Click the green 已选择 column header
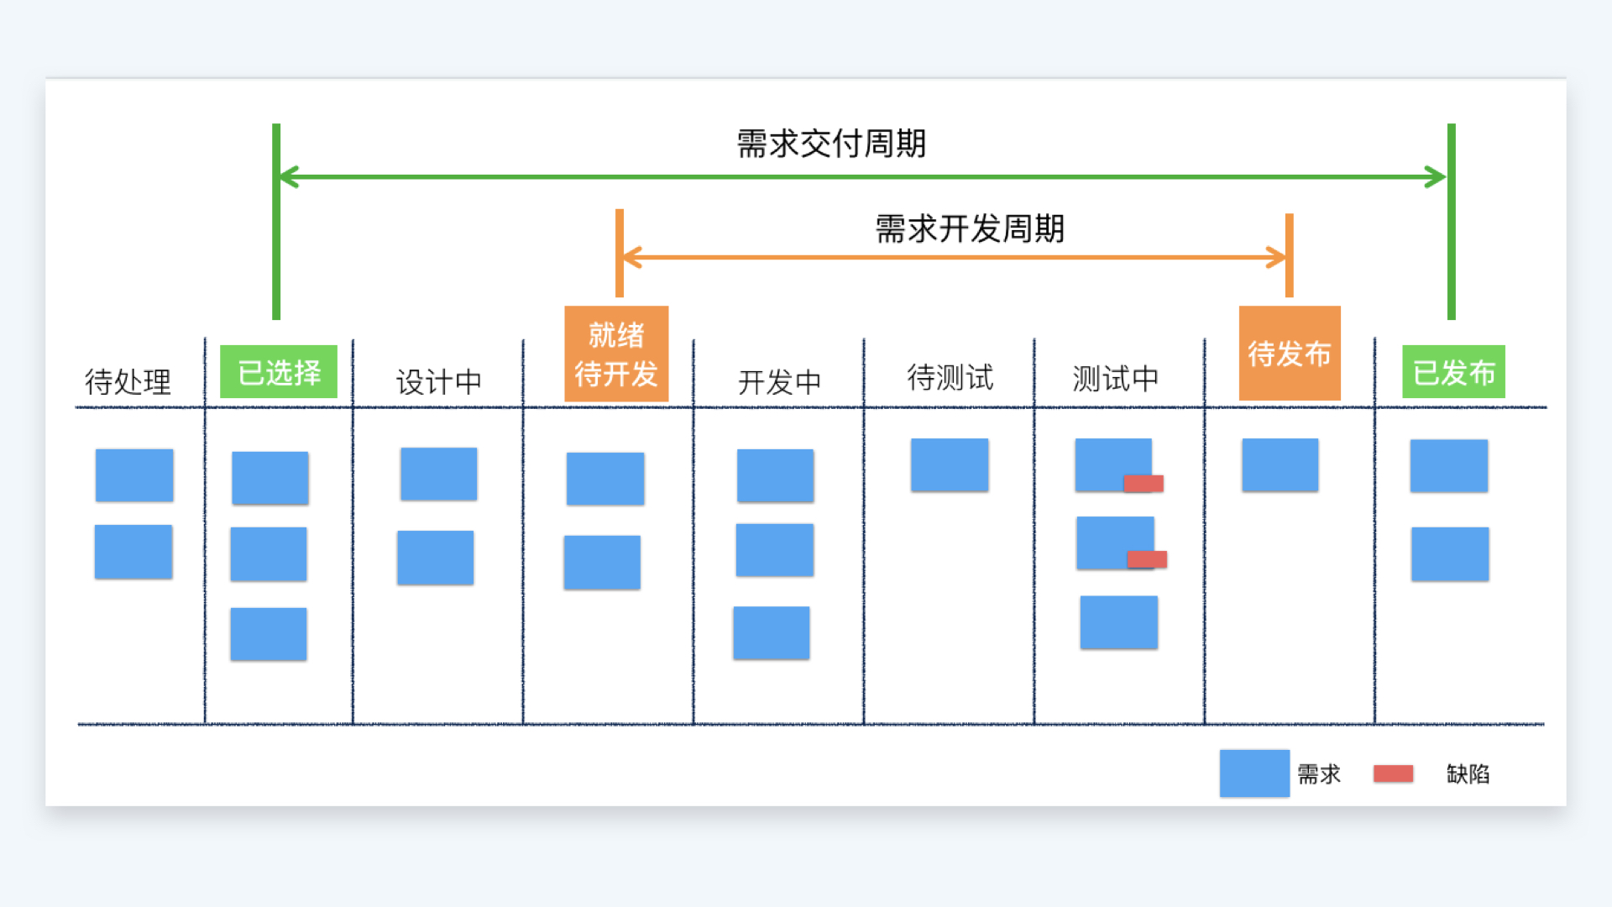pos(279,371)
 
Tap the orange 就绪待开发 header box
pos(616,354)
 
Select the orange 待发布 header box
pos(1290,353)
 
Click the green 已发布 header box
pos(1453,371)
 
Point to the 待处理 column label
pos(128,381)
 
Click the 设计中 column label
pos(438,381)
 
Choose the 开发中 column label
pos(779,381)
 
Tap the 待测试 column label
pos(950,377)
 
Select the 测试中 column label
pos(1115,378)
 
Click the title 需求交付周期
pos(831,144)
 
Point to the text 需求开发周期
pos(970,228)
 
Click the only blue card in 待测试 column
pos(950,464)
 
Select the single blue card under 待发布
pos(1280,464)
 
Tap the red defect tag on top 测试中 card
pos(1144,483)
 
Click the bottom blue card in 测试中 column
pos(1118,622)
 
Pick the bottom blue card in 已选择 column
pos(269,634)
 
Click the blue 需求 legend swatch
pos(1254,773)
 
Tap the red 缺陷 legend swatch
pos(1393,773)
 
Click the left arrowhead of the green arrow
pos(288,177)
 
